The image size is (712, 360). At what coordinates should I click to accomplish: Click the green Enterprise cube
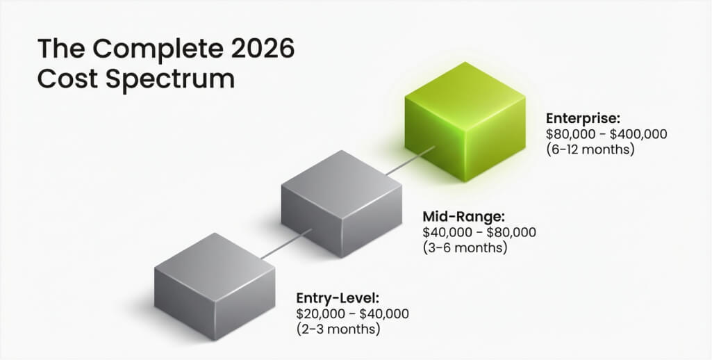465,122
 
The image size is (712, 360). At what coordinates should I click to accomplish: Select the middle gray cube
342,204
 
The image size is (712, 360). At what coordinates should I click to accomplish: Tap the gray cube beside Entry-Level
215,286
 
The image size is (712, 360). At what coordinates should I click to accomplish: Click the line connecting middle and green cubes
411,161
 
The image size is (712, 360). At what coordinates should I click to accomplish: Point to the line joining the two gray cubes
286,244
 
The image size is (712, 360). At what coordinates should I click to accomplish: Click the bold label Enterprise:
583,119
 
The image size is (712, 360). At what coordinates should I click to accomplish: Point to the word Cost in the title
67,79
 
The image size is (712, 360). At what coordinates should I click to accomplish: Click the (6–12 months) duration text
590,149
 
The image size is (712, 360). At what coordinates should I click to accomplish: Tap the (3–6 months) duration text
465,247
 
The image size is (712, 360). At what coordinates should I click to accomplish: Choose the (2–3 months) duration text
338,329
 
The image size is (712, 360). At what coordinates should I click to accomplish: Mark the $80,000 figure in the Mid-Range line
511,232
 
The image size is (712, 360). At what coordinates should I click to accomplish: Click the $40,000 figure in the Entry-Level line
384,313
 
